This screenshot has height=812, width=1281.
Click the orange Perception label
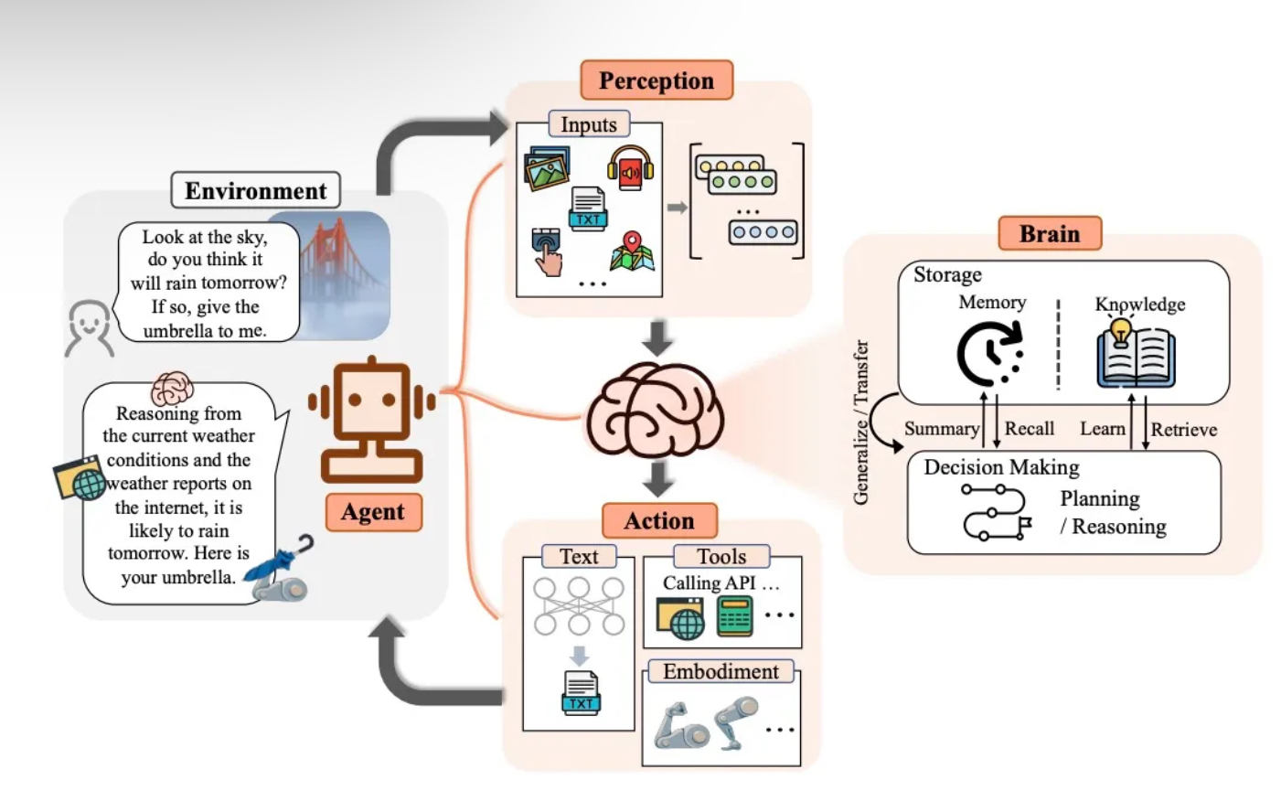pyautogui.click(x=656, y=80)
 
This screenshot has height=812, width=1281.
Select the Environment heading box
pyautogui.click(x=255, y=190)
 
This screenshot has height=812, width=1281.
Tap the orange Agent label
pyautogui.click(x=373, y=512)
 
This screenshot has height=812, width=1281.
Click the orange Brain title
pyautogui.click(x=1049, y=233)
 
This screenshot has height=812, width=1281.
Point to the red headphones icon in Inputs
pyautogui.click(x=630, y=168)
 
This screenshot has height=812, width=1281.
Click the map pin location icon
pyautogui.click(x=632, y=251)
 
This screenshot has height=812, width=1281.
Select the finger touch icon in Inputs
pyautogui.click(x=547, y=251)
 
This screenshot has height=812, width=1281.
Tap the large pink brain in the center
pyautogui.click(x=655, y=410)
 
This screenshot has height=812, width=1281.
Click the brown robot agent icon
pyautogui.click(x=371, y=417)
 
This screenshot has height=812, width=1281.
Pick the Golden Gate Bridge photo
pyautogui.click(x=343, y=274)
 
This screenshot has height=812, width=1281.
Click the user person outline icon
pyautogui.click(x=90, y=327)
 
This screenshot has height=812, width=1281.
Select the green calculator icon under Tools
pyautogui.click(x=734, y=616)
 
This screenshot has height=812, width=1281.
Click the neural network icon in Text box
pyautogui.click(x=579, y=605)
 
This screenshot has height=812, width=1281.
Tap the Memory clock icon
pyautogui.click(x=989, y=353)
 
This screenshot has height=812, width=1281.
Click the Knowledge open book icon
pyautogui.click(x=1136, y=353)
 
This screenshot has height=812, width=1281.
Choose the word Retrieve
pyautogui.click(x=1183, y=430)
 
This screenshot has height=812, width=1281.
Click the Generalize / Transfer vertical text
pyautogui.click(x=860, y=422)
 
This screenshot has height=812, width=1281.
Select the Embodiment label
pyautogui.click(x=721, y=672)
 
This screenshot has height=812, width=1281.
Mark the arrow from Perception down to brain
pyautogui.click(x=657, y=337)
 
